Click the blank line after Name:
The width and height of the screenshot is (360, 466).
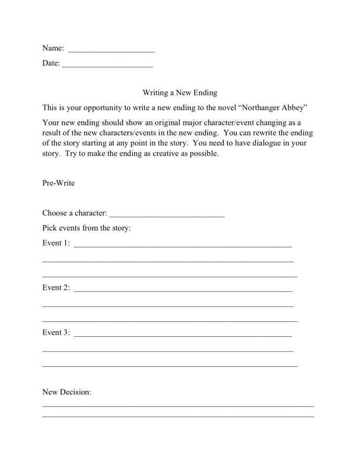pos(111,51)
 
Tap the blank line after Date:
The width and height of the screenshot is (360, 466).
pos(108,66)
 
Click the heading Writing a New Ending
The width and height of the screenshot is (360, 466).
pos(180,92)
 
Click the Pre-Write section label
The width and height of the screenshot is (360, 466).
pos(59,183)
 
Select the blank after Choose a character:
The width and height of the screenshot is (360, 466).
pos(167,216)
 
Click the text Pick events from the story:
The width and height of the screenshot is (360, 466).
pos(86,228)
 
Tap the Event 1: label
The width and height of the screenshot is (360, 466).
pos(56,243)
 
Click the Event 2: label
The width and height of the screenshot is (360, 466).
pos(56,288)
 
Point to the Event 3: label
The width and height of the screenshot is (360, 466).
pos(56,333)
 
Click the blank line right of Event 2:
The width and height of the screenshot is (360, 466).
pos(183,290)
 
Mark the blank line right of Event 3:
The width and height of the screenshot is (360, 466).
pos(183,335)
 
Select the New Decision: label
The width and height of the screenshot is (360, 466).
pos(67,392)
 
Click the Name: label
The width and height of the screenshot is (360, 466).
pos(53,48)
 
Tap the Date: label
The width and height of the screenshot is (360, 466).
pos(51,63)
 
